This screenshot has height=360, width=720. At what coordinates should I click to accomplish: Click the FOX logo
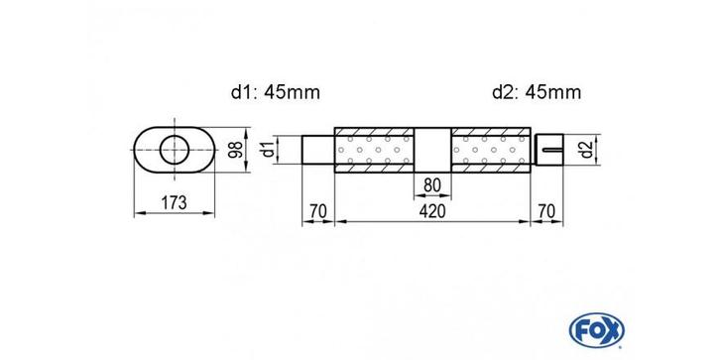pyautogui.click(x=596, y=330)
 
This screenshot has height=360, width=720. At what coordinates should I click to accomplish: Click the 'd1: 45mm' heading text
pyautogui.click(x=276, y=93)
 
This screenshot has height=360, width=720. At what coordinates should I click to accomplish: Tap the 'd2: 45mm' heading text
pyautogui.click(x=537, y=93)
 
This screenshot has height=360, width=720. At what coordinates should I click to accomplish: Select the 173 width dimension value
pyautogui.click(x=174, y=202)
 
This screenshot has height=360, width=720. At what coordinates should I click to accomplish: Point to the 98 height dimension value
pyautogui.click(x=237, y=150)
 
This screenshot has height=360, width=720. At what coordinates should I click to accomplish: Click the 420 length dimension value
pyautogui.click(x=432, y=211)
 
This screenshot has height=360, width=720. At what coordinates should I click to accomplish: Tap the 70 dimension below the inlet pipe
pyautogui.click(x=317, y=211)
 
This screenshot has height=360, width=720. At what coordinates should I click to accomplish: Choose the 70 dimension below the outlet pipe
pyautogui.click(x=546, y=211)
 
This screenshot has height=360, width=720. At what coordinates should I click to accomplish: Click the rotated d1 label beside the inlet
pyautogui.click(x=269, y=149)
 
